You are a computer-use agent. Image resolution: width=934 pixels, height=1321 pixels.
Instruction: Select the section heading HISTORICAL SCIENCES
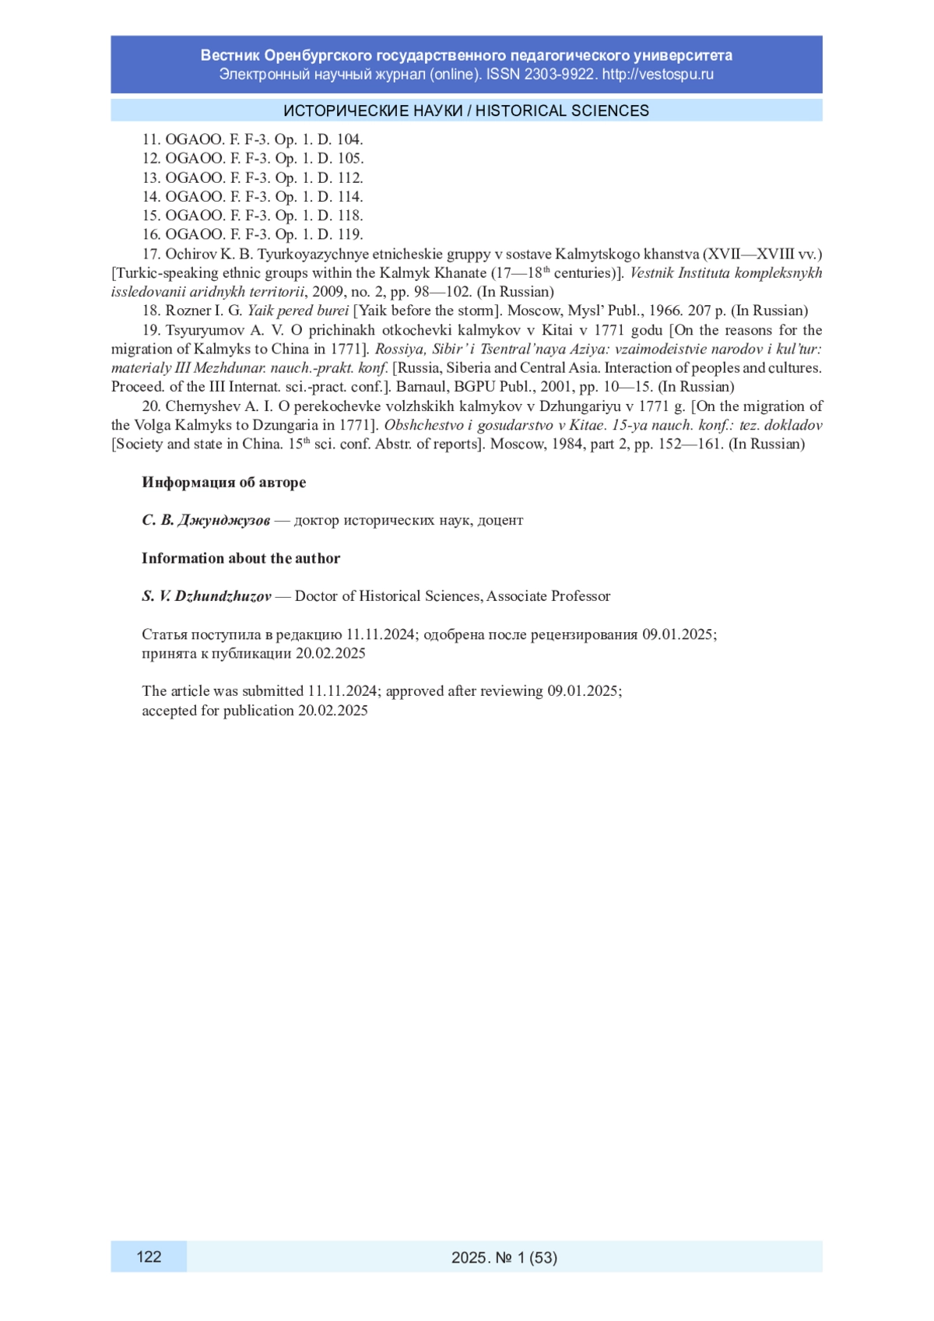pyautogui.click(x=562, y=111)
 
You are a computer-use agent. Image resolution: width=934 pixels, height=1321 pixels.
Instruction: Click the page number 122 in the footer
pyautogui.click(x=149, y=1256)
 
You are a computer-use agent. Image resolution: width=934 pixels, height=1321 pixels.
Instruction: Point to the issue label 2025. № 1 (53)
pyautogui.click(x=504, y=1257)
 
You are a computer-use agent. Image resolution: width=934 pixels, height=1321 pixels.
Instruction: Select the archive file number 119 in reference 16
pyautogui.click(x=350, y=234)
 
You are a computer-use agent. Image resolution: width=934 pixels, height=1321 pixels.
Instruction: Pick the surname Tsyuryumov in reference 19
pyautogui.click(x=205, y=330)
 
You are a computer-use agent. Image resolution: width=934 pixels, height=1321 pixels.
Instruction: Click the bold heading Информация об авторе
pyautogui.click(x=223, y=482)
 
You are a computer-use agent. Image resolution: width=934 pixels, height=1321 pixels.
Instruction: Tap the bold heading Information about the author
pyautogui.click(x=241, y=558)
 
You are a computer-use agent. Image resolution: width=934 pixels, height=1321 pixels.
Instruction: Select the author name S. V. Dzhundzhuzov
pyautogui.click(x=206, y=596)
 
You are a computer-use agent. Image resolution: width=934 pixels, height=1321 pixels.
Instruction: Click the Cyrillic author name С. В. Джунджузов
pyautogui.click(x=205, y=520)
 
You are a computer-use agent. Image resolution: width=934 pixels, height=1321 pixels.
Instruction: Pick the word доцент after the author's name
pyautogui.click(x=500, y=520)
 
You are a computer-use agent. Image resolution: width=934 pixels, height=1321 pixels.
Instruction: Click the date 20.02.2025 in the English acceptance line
pyautogui.click(x=332, y=710)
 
